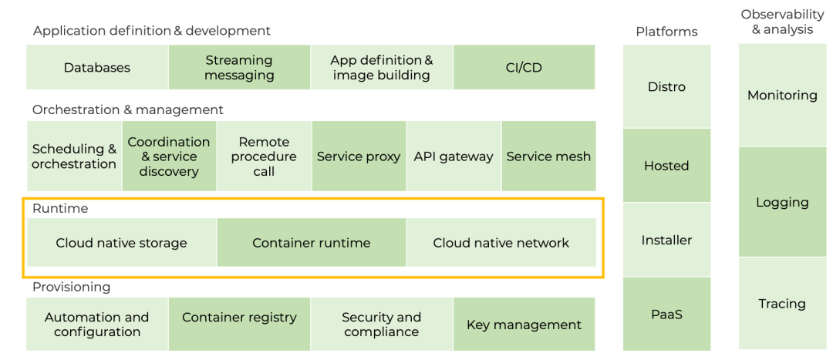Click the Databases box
tap(97, 67)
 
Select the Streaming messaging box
tap(240, 67)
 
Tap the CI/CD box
tap(524, 67)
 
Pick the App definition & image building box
tap(382, 67)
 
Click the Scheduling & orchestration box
tap(74, 156)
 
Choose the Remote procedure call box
tap(264, 156)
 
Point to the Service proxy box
tap(359, 156)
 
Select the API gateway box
tap(454, 156)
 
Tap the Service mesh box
tap(549, 156)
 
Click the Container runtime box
tap(312, 243)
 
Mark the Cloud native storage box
tap(122, 243)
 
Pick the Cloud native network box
tap(501, 243)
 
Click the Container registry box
tap(240, 324)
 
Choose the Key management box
tap(524, 324)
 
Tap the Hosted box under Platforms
tap(666, 165)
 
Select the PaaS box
tap(666, 314)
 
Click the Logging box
tap(783, 202)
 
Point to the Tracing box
tap(783, 303)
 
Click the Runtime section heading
tap(60, 209)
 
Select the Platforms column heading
tap(666, 32)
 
